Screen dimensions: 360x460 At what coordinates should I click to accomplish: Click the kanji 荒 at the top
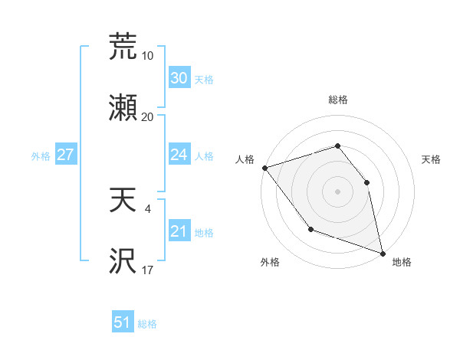[123, 47]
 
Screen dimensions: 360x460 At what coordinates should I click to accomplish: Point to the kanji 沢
[123, 261]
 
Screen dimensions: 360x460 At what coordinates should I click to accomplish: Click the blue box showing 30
[179, 78]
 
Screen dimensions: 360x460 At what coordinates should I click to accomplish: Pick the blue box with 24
[179, 155]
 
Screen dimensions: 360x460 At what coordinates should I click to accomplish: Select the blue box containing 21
[179, 231]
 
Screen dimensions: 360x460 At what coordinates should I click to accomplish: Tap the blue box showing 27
[65, 155]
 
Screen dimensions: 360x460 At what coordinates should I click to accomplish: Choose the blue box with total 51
[123, 322]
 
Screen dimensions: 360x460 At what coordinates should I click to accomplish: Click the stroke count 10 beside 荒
[147, 55]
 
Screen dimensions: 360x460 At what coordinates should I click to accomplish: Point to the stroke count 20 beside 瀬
[147, 116]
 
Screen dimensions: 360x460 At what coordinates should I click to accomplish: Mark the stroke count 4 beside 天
[147, 208]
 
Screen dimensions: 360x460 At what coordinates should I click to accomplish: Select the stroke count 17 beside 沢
[147, 270]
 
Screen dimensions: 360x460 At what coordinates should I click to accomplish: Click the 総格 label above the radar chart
[337, 100]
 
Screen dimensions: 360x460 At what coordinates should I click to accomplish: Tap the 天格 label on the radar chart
[431, 159]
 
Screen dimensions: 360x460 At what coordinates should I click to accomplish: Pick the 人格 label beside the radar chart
[245, 159]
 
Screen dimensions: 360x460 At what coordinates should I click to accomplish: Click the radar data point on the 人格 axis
[264, 168]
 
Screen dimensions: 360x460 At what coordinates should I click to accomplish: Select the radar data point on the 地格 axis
[382, 252]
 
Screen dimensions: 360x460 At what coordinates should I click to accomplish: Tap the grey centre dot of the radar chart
[337, 191]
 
